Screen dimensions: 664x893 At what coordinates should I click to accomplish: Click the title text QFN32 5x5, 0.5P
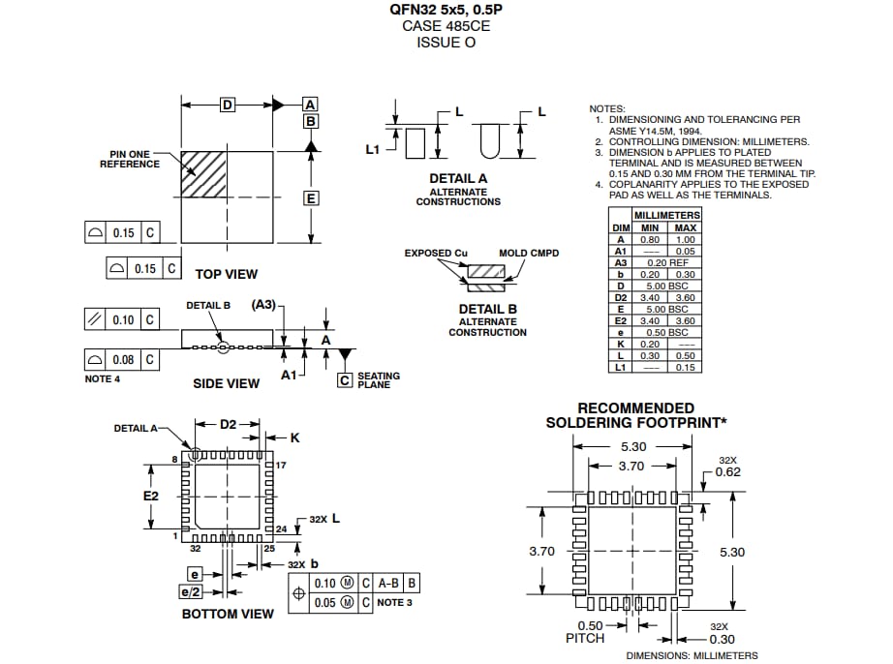coord(446,10)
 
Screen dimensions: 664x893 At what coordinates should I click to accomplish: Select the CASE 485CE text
coord(446,26)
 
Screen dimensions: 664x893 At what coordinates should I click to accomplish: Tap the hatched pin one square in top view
coord(203,174)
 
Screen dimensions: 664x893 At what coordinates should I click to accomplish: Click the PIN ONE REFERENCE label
coord(130,159)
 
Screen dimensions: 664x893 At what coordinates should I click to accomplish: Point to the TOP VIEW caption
coord(227,274)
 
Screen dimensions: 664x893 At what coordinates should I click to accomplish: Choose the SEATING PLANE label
coord(378,380)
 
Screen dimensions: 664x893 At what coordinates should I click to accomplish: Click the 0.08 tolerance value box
coord(123,360)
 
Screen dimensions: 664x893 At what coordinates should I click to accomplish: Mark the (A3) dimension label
coord(262,304)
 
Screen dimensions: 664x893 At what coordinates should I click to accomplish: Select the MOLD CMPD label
coord(529,254)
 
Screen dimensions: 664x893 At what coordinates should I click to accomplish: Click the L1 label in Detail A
coord(373,149)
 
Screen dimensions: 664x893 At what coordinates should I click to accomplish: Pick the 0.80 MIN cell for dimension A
coord(649,239)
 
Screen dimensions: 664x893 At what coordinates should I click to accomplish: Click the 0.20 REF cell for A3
coord(666,262)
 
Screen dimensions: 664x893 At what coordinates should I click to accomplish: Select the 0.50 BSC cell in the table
coord(666,332)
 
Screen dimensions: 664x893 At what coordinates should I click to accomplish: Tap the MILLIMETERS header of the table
coord(666,215)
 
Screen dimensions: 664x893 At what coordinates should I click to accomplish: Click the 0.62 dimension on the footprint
coord(728,472)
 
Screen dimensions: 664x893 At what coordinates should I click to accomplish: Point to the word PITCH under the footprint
coord(585,638)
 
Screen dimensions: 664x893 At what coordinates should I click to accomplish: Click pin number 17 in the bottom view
coord(281,466)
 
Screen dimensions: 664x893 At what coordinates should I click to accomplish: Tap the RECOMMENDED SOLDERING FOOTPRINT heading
coord(635,415)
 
